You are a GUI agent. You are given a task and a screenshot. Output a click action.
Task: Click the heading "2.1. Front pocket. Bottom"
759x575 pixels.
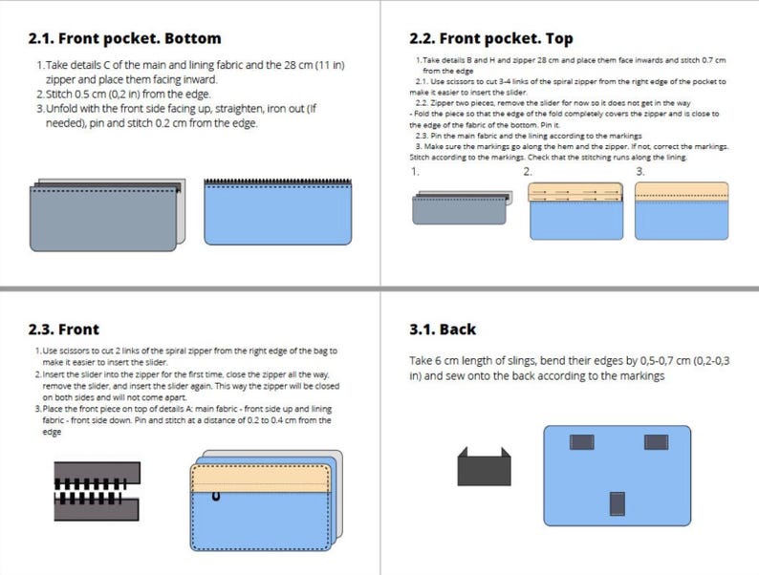click(x=124, y=39)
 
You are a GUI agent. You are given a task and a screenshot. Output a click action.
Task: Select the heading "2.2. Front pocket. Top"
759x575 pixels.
click(x=490, y=39)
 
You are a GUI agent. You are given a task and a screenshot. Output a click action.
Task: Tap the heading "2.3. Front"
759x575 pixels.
click(x=64, y=330)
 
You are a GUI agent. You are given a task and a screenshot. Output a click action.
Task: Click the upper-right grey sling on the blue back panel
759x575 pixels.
click(x=655, y=441)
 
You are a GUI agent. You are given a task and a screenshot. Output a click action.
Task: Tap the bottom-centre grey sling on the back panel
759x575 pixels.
click(x=618, y=502)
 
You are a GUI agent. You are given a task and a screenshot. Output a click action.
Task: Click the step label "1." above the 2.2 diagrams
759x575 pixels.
click(x=415, y=172)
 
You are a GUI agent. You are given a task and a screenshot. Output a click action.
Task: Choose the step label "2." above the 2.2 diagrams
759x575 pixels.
click(x=527, y=172)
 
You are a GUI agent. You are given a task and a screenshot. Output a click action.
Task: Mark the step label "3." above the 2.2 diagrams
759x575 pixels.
click(x=640, y=172)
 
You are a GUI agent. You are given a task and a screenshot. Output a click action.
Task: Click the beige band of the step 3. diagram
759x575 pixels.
click(x=682, y=192)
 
